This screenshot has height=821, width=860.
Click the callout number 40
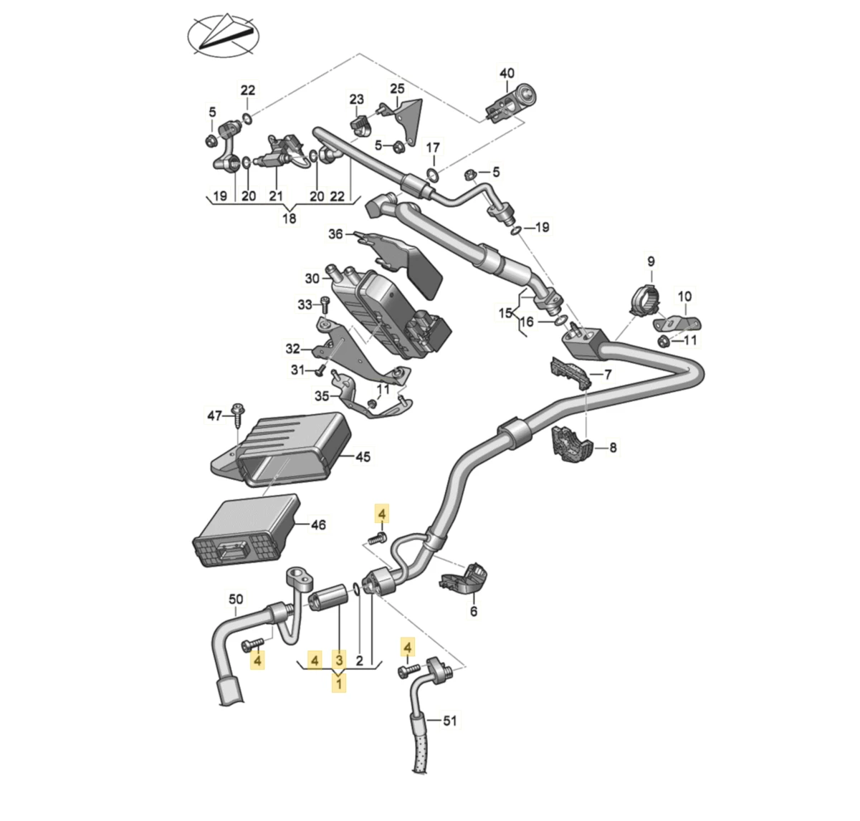coord(507,73)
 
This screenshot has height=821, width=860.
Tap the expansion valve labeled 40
coord(510,102)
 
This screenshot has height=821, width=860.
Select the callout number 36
coord(336,234)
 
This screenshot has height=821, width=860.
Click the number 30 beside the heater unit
coord(312,278)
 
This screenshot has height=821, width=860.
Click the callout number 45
coord(363,456)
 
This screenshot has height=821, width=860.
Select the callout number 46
coord(318,525)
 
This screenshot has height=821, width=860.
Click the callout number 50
coord(236,599)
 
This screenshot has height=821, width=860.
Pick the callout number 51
coord(449,721)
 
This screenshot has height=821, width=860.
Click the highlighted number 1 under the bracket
coord(338,683)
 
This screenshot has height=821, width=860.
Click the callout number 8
coord(613,448)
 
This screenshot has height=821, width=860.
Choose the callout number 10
coord(684,296)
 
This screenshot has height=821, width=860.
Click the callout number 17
coord(433,148)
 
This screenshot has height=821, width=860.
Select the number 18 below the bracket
coord(289,219)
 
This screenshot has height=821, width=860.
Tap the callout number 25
coord(397,89)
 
